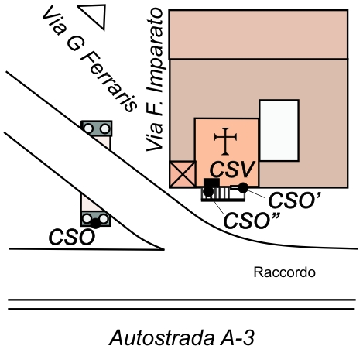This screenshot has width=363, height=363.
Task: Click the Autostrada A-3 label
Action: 182,338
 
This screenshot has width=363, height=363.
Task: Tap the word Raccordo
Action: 285,272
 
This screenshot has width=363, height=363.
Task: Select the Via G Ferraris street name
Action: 90,59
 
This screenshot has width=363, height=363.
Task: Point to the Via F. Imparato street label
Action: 155,80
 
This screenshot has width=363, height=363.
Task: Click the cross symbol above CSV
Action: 225,142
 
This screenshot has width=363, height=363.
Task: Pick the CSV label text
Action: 232,170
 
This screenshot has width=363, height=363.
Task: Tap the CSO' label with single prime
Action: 295,200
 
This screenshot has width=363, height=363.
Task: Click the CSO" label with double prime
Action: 252,221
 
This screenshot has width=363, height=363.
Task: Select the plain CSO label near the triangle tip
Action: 72,238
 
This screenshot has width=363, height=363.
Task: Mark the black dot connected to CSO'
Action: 243,187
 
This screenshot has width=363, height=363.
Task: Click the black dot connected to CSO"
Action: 208,192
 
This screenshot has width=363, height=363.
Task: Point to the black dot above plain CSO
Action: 95,224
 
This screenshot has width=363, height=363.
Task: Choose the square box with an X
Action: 183,174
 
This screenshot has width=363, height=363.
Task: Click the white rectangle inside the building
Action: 279,130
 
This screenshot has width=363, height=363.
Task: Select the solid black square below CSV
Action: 212,183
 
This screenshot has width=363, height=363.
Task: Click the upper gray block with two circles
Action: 97,128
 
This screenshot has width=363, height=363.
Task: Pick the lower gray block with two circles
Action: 96,219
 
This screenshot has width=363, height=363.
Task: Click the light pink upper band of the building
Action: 259,35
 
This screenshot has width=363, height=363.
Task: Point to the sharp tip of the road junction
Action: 163,249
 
